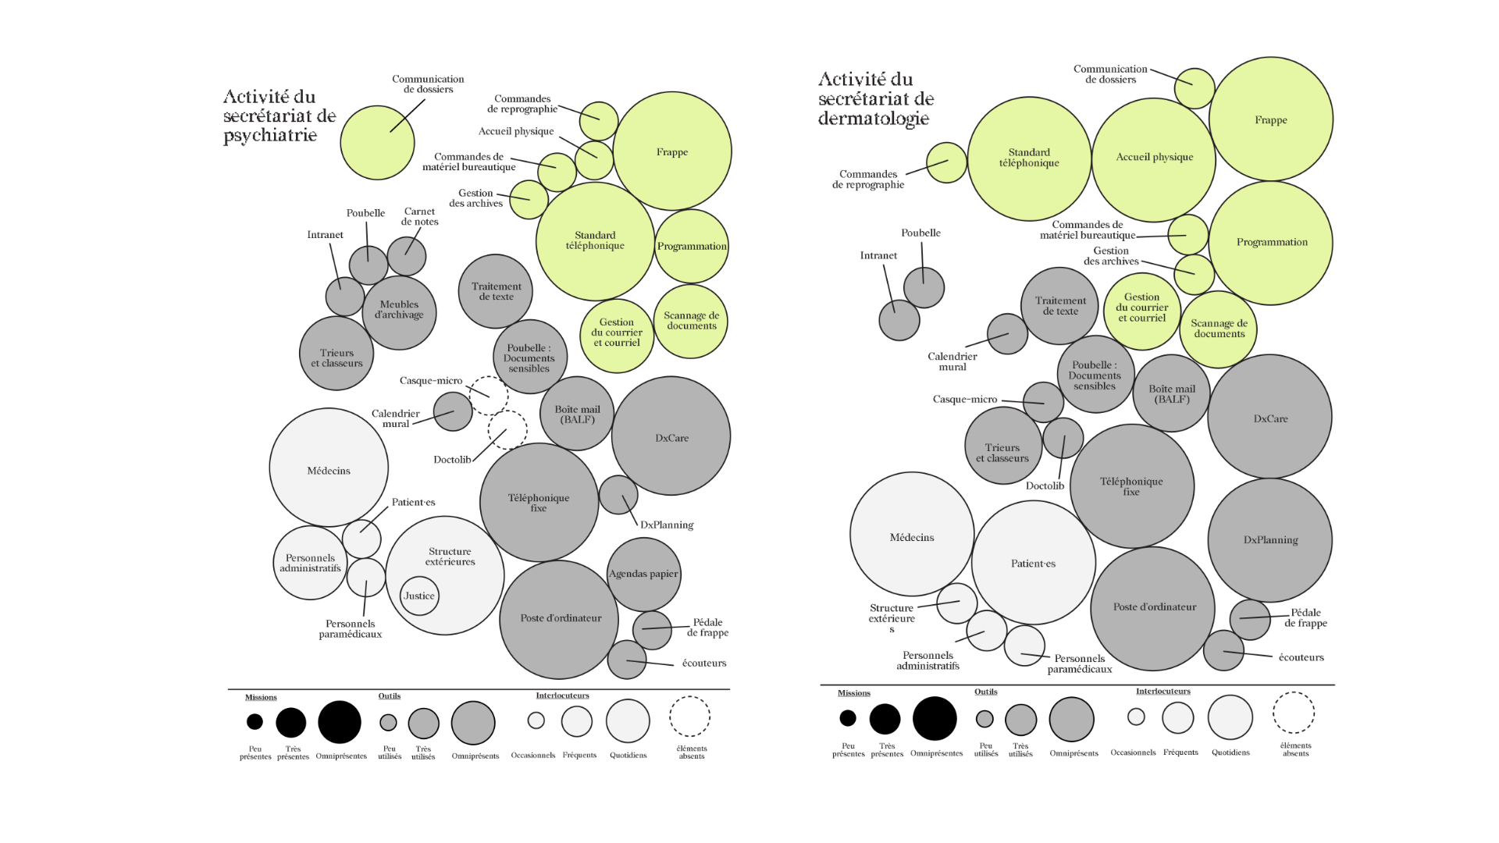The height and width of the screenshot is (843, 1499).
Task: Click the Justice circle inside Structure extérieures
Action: [419, 596]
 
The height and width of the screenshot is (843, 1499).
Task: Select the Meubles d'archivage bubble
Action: [399, 311]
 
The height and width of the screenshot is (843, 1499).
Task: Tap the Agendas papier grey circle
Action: [643, 575]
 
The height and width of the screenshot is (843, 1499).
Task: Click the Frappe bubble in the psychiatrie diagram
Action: [672, 151]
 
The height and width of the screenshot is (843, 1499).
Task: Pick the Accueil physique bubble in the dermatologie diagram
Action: [1154, 158]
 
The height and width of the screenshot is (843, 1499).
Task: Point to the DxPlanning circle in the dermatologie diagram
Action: [1270, 540]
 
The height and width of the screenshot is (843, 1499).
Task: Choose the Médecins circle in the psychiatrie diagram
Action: [329, 468]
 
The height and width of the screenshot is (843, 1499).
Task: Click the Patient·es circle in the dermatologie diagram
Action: [1033, 563]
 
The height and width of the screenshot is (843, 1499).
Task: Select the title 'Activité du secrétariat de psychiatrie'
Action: [279, 116]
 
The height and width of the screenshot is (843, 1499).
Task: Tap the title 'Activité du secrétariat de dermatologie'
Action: [875, 99]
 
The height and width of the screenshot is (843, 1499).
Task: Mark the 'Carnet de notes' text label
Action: [419, 216]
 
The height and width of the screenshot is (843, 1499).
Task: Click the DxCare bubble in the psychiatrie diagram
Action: [671, 437]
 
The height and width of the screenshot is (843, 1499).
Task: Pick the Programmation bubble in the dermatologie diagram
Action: [1271, 243]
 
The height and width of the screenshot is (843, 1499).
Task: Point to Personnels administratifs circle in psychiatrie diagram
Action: [310, 563]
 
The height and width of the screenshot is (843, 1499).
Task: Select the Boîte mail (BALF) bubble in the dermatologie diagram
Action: [1171, 393]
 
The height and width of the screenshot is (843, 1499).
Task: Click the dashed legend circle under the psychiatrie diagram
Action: [689, 717]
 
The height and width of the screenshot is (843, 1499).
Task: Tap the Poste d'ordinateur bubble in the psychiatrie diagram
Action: [560, 619]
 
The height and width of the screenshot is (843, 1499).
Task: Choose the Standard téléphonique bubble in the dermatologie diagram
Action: [1029, 158]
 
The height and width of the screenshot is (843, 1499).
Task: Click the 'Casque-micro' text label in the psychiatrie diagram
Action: [431, 381]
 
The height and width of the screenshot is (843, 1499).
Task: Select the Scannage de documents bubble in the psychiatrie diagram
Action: [691, 321]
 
